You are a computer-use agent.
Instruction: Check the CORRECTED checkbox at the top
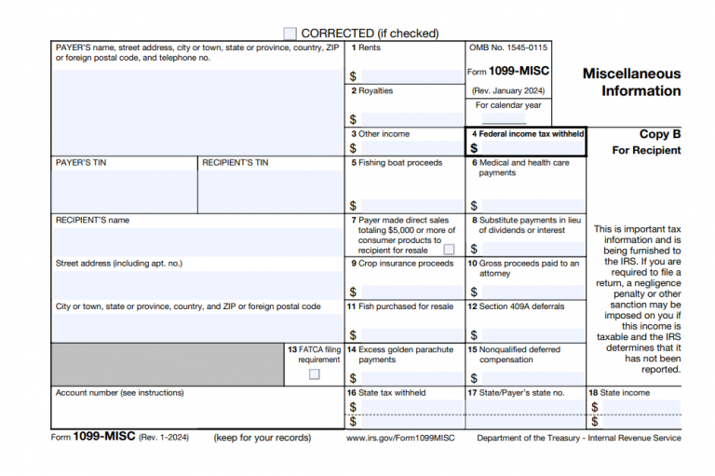[x=290, y=34]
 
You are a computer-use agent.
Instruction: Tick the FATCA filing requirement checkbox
[x=314, y=374]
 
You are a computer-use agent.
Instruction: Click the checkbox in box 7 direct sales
[x=449, y=250]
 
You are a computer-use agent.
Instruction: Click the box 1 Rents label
[x=366, y=48]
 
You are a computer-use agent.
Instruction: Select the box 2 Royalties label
[x=372, y=91]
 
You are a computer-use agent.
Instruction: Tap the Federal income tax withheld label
[x=527, y=134]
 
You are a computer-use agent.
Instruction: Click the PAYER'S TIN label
[x=81, y=163]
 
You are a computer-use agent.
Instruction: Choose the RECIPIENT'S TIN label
[x=235, y=163]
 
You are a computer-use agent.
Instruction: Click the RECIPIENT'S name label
[x=92, y=221]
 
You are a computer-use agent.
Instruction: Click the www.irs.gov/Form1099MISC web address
[x=399, y=438]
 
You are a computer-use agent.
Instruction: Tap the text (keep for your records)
[x=262, y=438]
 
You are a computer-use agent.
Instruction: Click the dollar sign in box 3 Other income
[x=353, y=148]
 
